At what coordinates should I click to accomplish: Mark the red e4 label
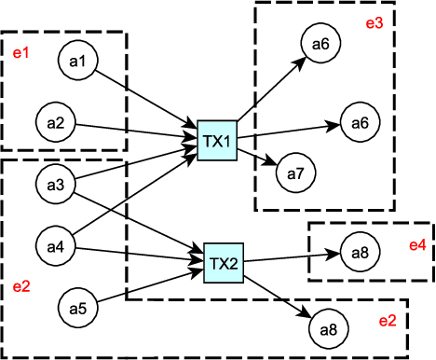click(416, 246)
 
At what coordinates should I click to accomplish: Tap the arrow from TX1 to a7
click(258, 157)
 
